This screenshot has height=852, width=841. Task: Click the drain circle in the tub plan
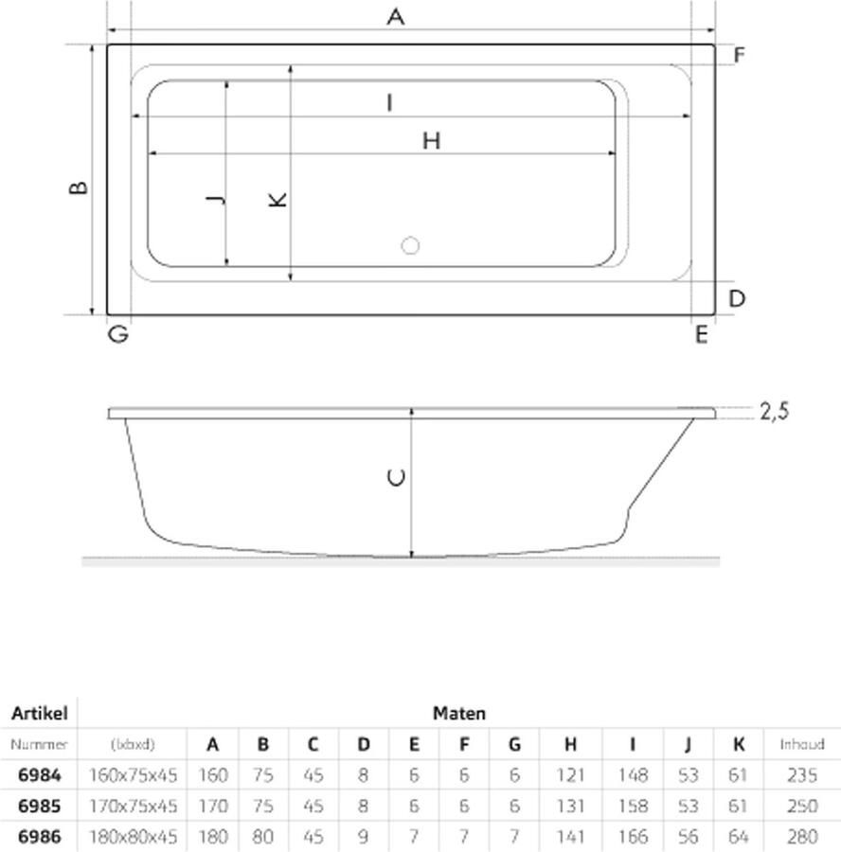pyautogui.click(x=410, y=246)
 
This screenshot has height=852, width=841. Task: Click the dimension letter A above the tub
pyautogui.click(x=396, y=16)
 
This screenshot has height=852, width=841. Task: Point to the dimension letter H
pyautogui.click(x=431, y=141)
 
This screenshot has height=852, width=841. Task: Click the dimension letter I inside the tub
pyautogui.click(x=389, y=102)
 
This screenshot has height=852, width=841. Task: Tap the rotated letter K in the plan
pyautogui.click(x=277, y=200)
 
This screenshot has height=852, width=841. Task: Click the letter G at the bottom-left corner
pyautogui.click(x=117, y=334)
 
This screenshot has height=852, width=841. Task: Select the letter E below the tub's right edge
pyautogui.click(x=701, y=334)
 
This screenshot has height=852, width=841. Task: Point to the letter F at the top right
pyautogui.click(x=738, y=55)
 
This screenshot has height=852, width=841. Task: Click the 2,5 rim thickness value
pyautogui.click(x=774, y=411)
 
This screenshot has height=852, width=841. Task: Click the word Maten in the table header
pyautogui.click(x=458, y=714)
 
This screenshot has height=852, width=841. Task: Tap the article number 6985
pyautogui.click(x=39, y=806)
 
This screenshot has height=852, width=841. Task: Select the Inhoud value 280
pyautogui.click(x=801, y=837)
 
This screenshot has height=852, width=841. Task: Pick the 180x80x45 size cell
pyautogui.click(x=132, y=837)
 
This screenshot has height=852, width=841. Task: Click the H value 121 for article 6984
pyautogui.click(x=570, y=775)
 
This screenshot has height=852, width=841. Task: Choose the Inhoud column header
pyautogui.click(x=801, y=744)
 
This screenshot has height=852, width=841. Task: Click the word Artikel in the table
pyautogui.click(x=39, y=714)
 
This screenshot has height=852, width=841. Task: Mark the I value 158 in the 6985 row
pyautogui.click(x=632, y=806)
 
